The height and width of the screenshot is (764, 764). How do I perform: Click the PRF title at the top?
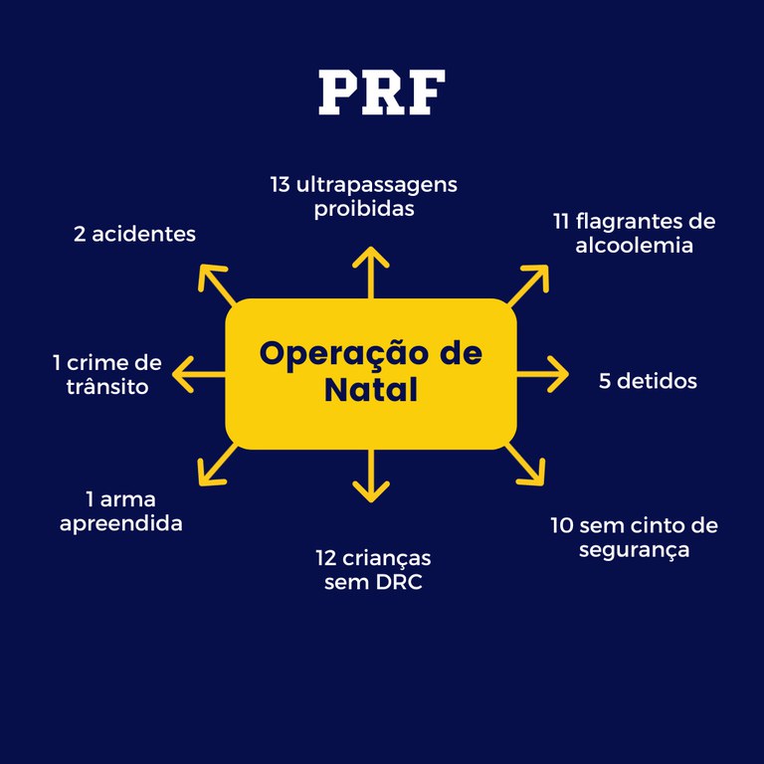(x=381, y=92)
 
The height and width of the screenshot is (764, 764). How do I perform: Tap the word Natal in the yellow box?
(x=370, y=390)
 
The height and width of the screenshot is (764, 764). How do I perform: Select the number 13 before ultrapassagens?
(x=280, y=185)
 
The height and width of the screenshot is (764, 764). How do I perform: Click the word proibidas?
(x=363, y=209)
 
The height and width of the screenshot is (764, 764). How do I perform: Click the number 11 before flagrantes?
(x=562, y=221)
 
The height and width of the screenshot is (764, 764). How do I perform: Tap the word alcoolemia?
(x=634, y=245)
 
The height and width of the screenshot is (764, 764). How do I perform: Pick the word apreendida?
(x=121, y=523)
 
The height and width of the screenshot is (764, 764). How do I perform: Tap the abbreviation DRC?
(x=399, y=582)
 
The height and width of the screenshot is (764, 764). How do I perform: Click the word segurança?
(x=634, y=549)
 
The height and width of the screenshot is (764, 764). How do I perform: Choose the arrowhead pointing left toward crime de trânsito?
(x=182, y=375)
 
